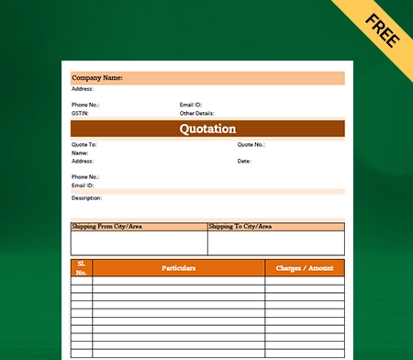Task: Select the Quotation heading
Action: (x=207, y=129)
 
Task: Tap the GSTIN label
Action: (x=81, y=112)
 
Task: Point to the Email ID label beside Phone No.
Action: (x=191, y=105)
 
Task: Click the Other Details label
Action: (x=196, y=112)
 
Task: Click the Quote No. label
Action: (x=251, y=145)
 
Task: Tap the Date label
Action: (x=244, y=161)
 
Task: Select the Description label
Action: (x=86, y=197)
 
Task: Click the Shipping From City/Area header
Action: (x=107, y=226)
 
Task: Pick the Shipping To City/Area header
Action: (x=240, y=226)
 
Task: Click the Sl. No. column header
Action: (x=81, y=268)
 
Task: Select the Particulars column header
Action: (x=179, y=268)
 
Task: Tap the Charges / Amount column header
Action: (x=305, y=268)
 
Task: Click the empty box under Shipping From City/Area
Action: (x=139, y=242)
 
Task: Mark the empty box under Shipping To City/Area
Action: (x=275, y=242)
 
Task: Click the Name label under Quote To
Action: (x=78, y=153)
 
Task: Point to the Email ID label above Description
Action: (x=83, y=184)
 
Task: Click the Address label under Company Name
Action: (x=82, y=89)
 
